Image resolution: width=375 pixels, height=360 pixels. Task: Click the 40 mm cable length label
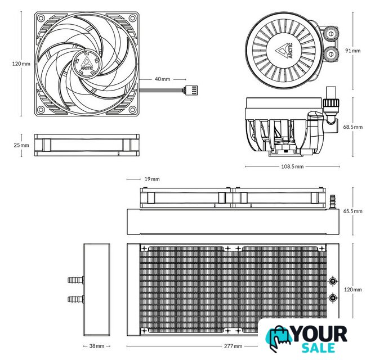[x=162, y=79]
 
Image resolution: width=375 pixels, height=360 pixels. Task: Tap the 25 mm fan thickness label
[x=21, y=145]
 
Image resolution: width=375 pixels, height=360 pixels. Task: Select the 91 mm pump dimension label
[x=352, y=51]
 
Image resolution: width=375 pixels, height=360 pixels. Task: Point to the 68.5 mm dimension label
[x=353, y=127]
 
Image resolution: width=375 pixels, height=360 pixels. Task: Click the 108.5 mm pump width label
[x=292, y=166]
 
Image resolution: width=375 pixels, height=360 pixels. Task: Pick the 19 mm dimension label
[x=152, y=179]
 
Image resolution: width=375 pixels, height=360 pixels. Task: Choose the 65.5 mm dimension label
[x=353, y=211]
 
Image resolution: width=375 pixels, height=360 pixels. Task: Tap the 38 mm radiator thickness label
[x=97, y=346]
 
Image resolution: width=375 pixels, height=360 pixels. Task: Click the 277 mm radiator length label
[x=233, y=346]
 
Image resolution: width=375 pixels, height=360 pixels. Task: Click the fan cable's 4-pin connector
[x=190, y=91]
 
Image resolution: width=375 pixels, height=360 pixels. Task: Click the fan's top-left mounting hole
[x=41, y=18]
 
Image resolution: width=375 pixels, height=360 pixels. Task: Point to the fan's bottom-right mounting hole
[x=132, y=110]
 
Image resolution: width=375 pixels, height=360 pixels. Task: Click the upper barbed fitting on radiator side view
[x=76, y=280]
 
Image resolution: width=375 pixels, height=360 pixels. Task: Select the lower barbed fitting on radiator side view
[x=76, y=299]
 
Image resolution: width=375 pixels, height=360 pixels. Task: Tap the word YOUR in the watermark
[x=320, y=334]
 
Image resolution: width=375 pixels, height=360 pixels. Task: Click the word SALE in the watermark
[x=318, y=348]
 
